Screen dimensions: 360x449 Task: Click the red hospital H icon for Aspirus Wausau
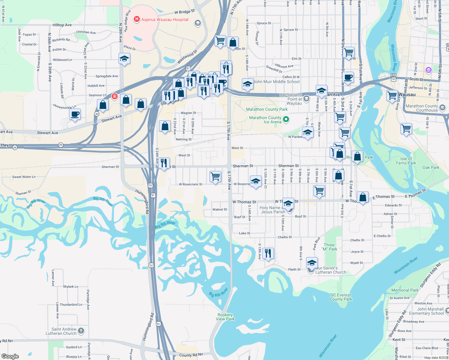(x=137, y=19)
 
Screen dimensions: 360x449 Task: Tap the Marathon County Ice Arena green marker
(x=286, y=119)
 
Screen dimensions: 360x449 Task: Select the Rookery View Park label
(x=225, y=317)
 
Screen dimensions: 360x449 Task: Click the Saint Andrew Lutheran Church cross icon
(x=81, y=331)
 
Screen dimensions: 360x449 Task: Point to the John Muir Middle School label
(x=276, y=82)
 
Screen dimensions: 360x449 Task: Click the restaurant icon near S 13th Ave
(x=268, y=253)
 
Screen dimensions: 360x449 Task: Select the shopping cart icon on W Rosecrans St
(x=215, y=177)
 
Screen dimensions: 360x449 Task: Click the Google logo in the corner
(x=10, y=356)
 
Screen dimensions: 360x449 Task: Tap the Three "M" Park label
(x=329, y=247)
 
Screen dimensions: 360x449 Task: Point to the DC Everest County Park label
(x=341, y=297)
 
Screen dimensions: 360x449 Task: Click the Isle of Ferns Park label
(x=406, y=161)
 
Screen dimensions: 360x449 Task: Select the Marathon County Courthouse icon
(x=442, y=107)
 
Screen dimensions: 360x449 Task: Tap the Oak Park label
(x=431, y=167)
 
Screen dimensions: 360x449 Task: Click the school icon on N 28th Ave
(x=124, y=59)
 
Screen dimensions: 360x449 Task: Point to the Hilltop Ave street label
(x=62, y=25)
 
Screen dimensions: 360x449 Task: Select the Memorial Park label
(x=405, y=290)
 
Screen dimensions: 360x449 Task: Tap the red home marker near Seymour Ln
(x=114, y=96)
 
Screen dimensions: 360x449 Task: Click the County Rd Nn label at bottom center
(x=191, y=355)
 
